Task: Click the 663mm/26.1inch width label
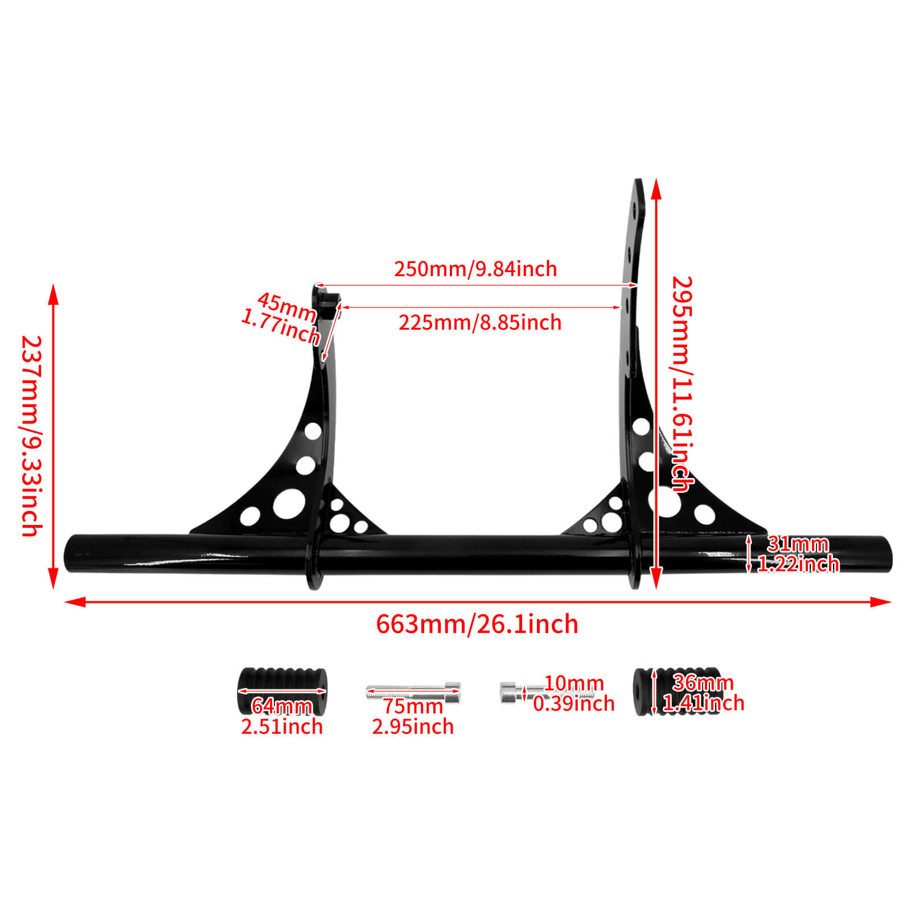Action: click(x=477, y=625)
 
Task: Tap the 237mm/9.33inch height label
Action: click(x=31, y=436)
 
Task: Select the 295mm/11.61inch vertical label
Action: click(x=682, y=384)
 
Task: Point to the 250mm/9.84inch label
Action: click(x=475, y=269)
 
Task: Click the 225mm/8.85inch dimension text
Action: click(x=479, y=323)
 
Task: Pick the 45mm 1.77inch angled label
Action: click(x=282, y=318)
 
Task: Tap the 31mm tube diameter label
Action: click(x=797, y=544)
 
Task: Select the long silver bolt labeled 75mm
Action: click(x=412, y=692)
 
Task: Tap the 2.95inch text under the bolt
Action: click(x=413, y=727)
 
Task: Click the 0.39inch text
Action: click(x=573, y=704)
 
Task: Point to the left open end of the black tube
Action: click(x=73, y=553)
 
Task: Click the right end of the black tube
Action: click(x=886, y=553)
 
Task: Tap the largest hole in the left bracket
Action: click(x=289, y=504)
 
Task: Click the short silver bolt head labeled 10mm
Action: click(x=507, y=692)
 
